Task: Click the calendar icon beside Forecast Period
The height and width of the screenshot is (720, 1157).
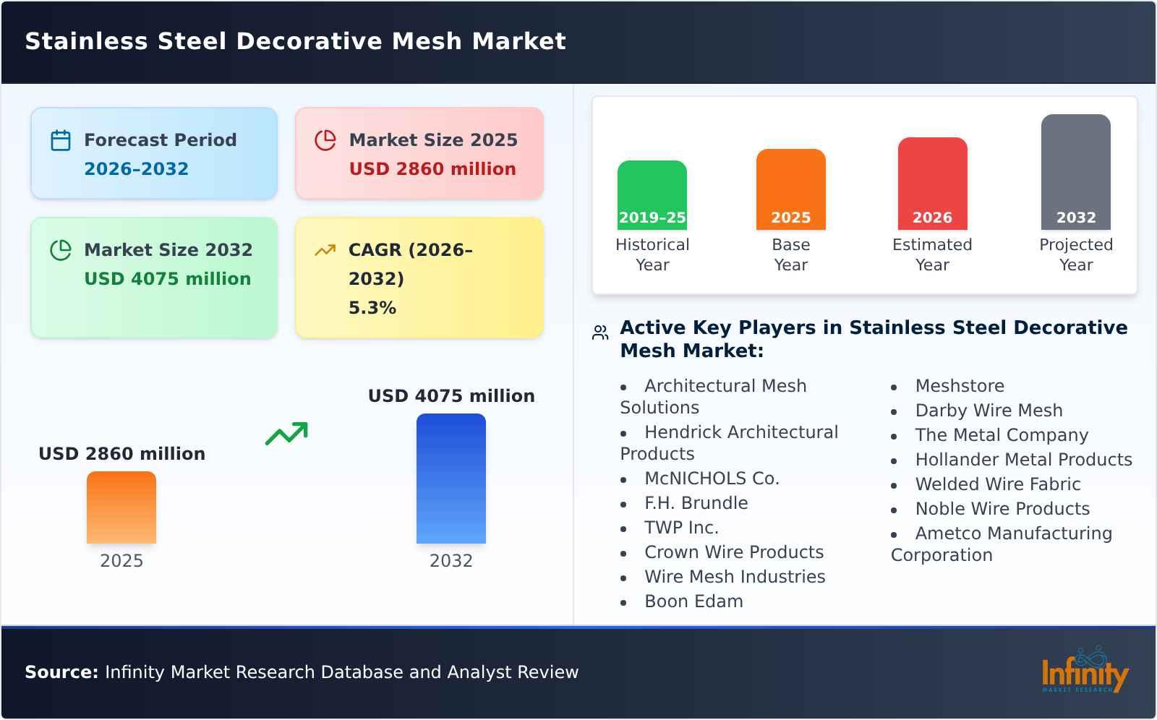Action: tap(61, 140)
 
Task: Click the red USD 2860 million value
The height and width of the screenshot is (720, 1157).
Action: tap(432, 169)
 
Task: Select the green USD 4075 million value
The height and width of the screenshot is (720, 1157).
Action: tap(168, 279)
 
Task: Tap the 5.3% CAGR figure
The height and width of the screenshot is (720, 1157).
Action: tap(372, 308)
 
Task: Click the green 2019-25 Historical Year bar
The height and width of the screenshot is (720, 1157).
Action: tap(652, 195)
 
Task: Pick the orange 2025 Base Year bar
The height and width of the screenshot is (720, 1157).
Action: tap(790, 189)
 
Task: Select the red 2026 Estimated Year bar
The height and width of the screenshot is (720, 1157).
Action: tap(932, 184)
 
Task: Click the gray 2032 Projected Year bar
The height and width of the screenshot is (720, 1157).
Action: tap(1075, 172)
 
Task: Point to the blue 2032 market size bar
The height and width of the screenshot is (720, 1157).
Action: tap(451, 479)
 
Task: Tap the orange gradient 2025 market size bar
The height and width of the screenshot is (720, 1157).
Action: tap(121, 507)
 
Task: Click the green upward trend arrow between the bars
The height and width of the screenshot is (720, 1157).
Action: tap(286, 434)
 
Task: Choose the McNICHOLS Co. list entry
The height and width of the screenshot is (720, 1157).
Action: tap(712, 479)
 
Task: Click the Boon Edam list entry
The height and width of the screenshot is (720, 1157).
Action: tap(693, 601)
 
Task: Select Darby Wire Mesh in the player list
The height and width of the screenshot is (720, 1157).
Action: tap(989, 411)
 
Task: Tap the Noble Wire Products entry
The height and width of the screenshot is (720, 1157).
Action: tap(1002, 509)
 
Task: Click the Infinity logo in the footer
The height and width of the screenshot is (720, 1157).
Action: tap(1084, 672)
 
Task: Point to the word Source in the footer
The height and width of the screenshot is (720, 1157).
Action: tap(61, 672)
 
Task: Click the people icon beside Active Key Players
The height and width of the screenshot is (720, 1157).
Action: tap(600, 333)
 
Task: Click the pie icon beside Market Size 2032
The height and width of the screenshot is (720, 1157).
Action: tap(61, 250)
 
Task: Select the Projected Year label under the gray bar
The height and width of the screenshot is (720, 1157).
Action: tap(1075, 254)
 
